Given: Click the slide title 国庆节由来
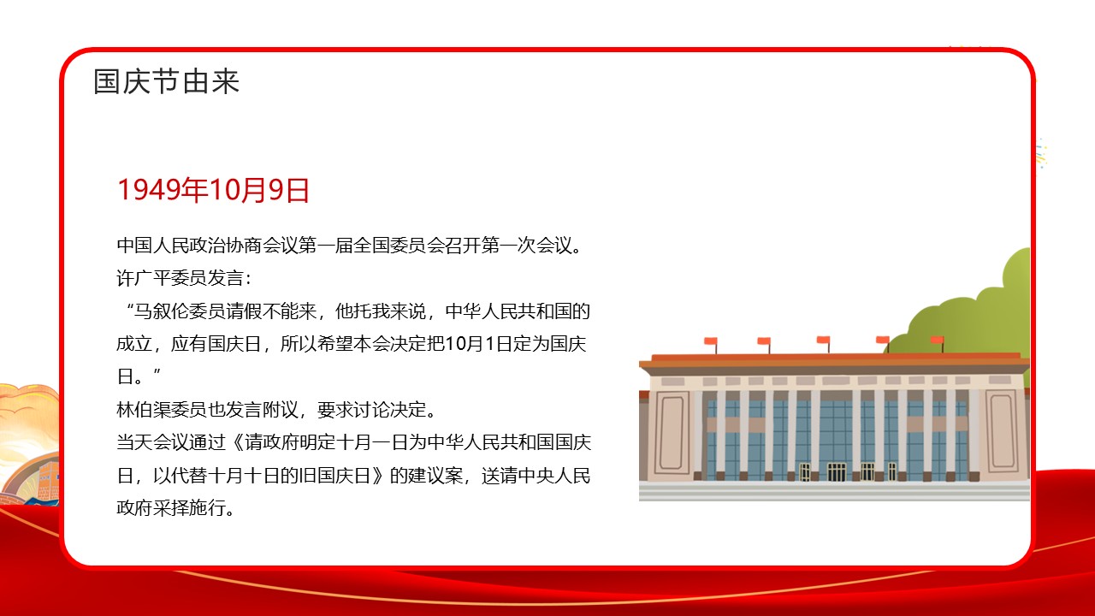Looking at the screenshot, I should [x=167, y=82].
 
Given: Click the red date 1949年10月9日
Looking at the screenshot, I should [x=213, y=191].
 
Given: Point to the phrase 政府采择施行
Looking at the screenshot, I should [x=175, y=507].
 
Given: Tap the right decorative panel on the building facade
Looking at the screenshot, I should [x=1001, y=431].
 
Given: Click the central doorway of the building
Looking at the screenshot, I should [x=836, y=471].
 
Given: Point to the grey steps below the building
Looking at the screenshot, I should [x=834, y=491].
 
